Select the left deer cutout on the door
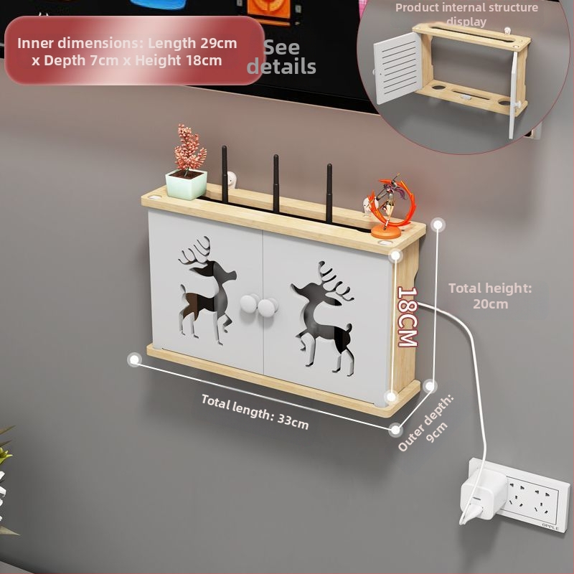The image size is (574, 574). coord(206,291)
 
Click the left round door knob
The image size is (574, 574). coord(248,304)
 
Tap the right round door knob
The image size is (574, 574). coord(267,308)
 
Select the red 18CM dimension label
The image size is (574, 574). coord(408,317)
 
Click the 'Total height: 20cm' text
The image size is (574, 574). coord(490,296)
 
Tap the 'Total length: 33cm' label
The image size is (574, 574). coord(255,412)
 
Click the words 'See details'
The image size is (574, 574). coord(281,57)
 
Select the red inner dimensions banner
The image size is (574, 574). coord(135,50)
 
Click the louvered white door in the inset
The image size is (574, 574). coord(397,68)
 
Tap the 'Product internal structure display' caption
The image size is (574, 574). coord(467,14)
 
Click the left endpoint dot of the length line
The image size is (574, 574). coord(134,359)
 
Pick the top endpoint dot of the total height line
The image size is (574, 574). coord(438,225)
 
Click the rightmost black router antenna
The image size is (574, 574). coord(329,194)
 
